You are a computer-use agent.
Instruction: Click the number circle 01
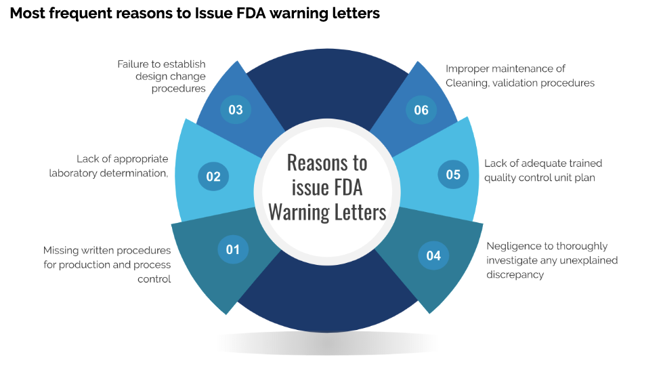(233, 249)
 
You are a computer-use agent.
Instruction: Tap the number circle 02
(213, 177)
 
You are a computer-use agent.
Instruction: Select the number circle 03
(236, 110)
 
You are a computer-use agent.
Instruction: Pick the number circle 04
(433, 255)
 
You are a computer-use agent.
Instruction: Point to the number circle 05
(453, 175)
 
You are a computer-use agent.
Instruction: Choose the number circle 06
(421, 110)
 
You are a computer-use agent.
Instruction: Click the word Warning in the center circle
(299, 211)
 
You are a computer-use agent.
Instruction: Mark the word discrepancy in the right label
(515, 274)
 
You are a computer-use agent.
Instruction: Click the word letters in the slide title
(354, 14)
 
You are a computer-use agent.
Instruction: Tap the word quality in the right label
(499, 178)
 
